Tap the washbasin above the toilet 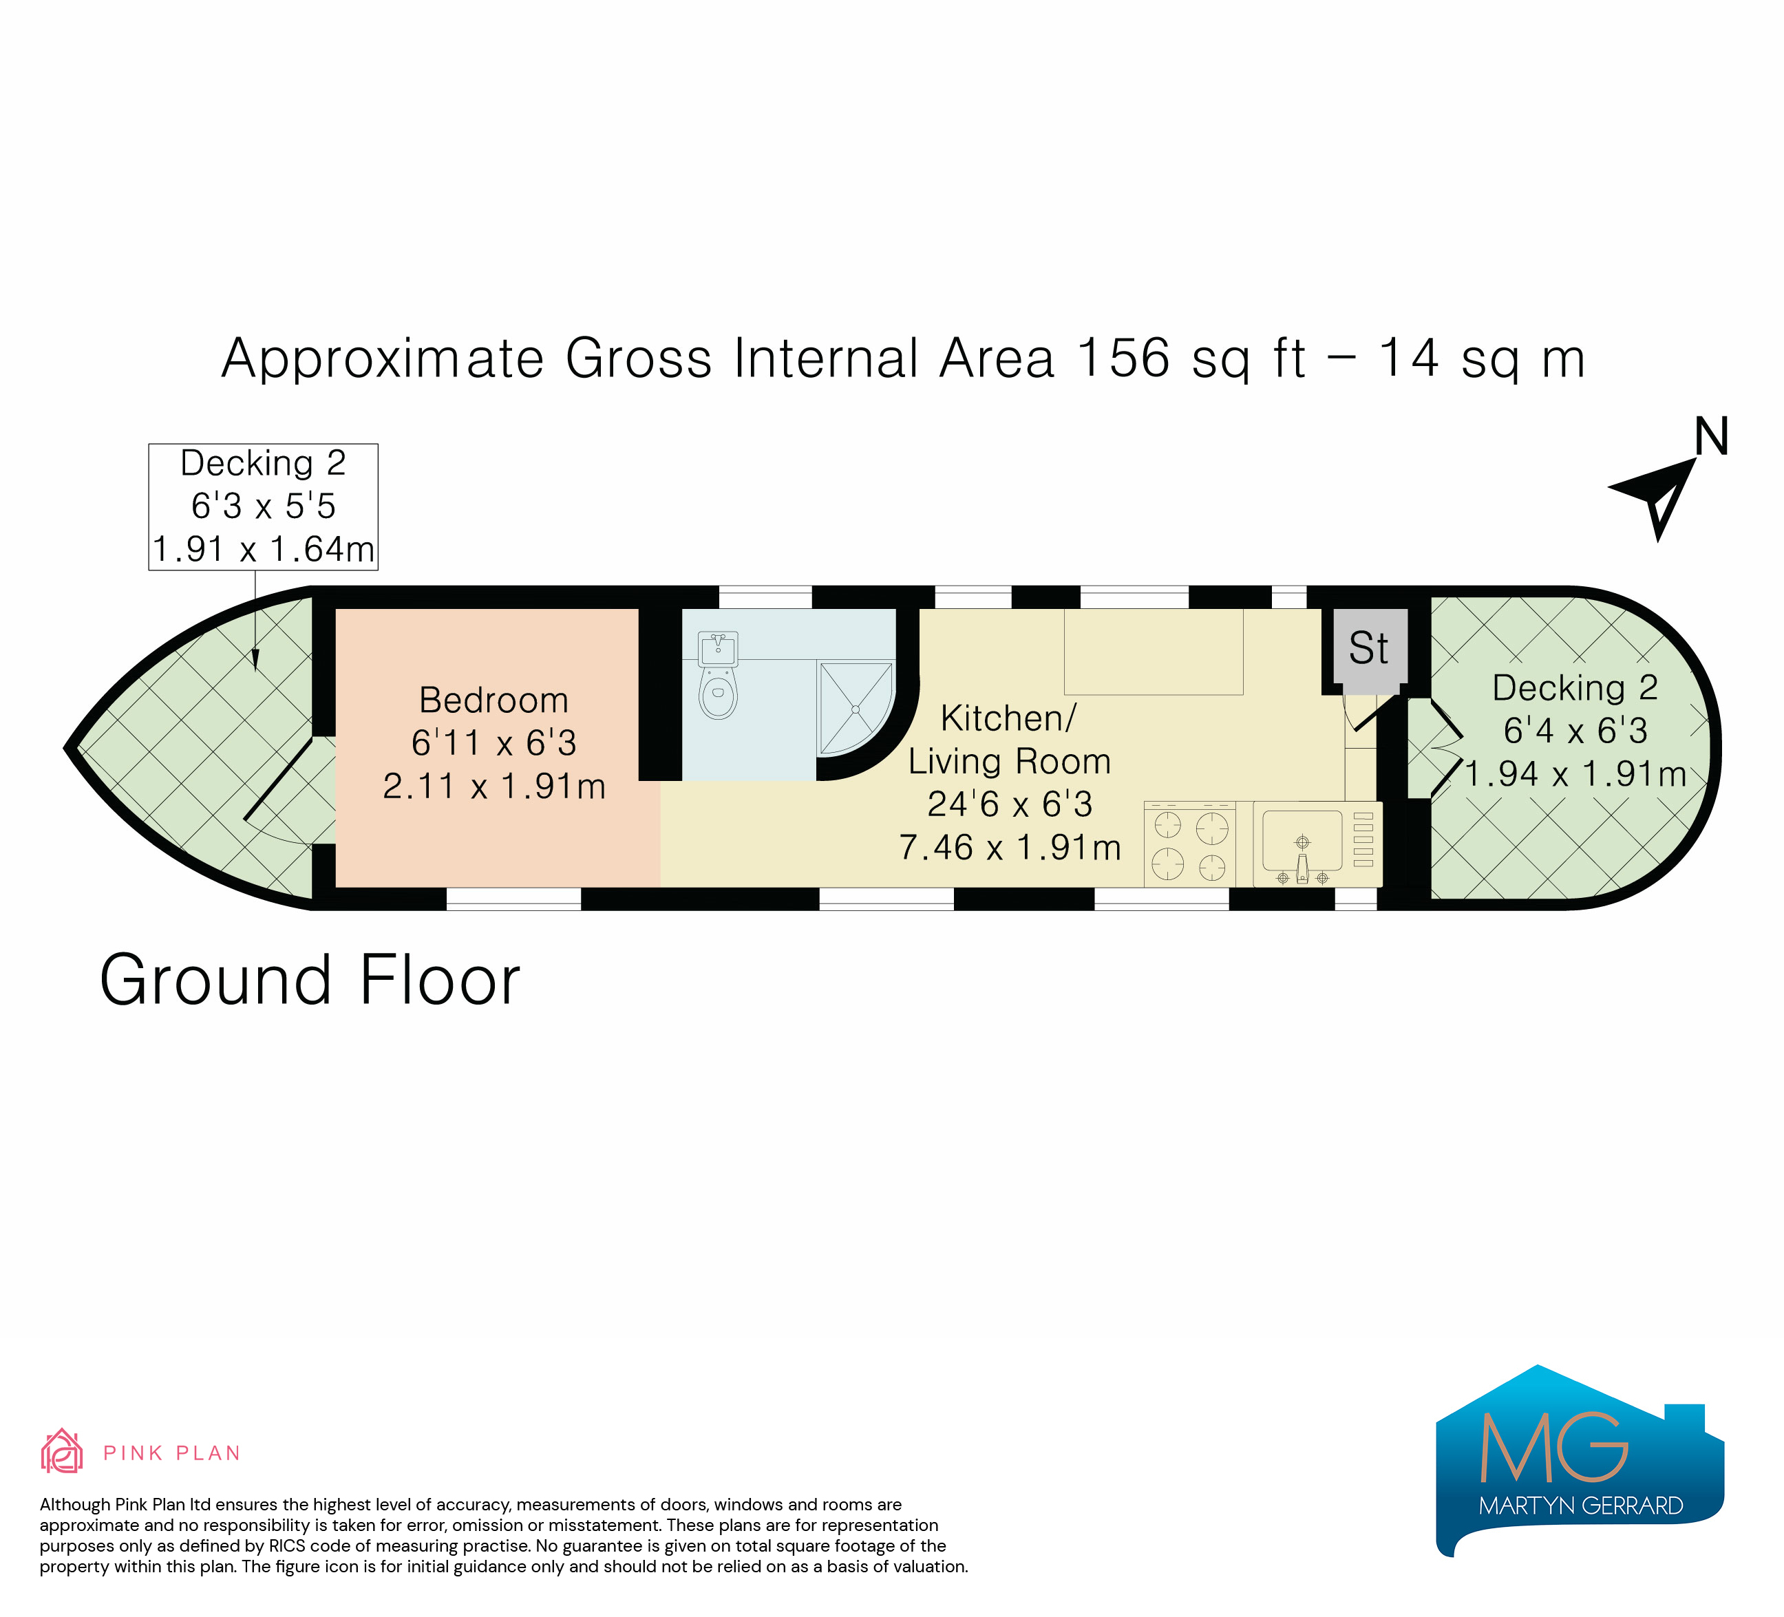(718, 648)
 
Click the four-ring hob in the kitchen (1189, 844)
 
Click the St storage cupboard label (1368, 648)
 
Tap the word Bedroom (493, 700)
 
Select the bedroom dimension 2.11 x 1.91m (493, 786)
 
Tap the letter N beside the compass (1712, 436)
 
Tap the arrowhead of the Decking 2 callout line (256, 661)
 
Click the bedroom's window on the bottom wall (513, 899)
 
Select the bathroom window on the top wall (765, 597)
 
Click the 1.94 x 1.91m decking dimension (1575, 773)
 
